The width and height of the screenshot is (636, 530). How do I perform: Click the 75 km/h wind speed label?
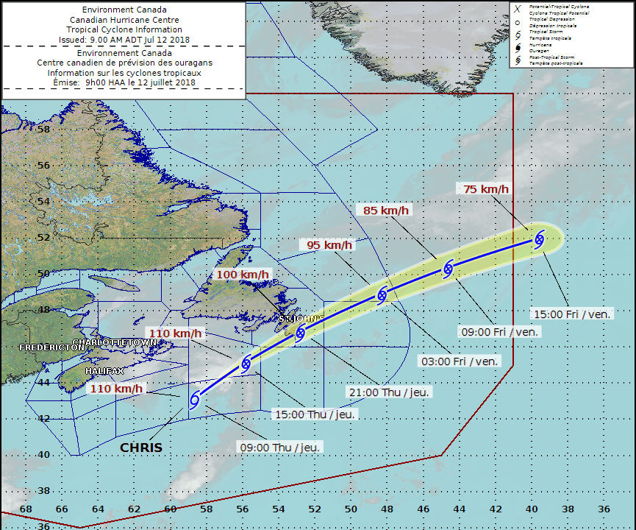486,188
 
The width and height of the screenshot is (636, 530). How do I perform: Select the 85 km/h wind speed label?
387,211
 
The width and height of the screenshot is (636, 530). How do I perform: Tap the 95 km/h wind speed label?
327,244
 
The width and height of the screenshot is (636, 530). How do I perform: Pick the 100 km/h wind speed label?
243,275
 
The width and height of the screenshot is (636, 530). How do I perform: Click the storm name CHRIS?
141,448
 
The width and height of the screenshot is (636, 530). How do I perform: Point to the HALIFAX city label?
104,371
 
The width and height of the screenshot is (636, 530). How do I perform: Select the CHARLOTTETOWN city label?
125,342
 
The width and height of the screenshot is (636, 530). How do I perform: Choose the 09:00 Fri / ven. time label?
499,332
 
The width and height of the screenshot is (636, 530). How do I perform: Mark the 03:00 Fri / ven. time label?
460,361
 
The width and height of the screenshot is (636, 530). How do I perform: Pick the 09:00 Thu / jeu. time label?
279,446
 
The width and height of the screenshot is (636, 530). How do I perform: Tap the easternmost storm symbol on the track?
539,239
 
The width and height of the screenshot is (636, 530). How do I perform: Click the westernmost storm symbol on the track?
195,399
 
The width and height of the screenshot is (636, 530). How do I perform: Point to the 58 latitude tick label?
43,128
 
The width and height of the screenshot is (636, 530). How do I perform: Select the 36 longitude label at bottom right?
604,509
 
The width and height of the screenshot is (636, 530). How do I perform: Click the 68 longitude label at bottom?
25,509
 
